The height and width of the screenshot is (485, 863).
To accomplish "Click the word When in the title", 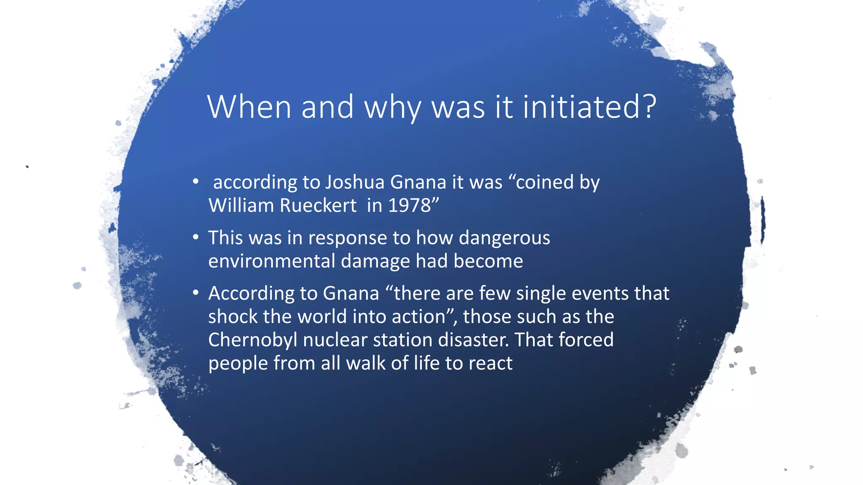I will (x=249, y=107).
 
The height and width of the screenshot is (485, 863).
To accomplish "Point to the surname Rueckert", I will (x=318, y=206).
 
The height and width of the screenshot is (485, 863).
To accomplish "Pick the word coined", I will (x=545, y=182).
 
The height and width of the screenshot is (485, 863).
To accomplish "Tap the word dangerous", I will (x=504, y=238).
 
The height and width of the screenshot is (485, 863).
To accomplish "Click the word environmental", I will (x=271, y=261).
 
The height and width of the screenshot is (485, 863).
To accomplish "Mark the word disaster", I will (x=473, y=340).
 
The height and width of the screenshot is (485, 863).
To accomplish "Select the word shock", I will (x=233, y=317).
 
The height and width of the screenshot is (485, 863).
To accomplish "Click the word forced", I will (x=586, y=340).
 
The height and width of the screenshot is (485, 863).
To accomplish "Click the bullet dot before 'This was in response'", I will (x=196, y=237).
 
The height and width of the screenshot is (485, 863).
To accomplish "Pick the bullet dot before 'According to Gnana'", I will (x=196, y=293).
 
